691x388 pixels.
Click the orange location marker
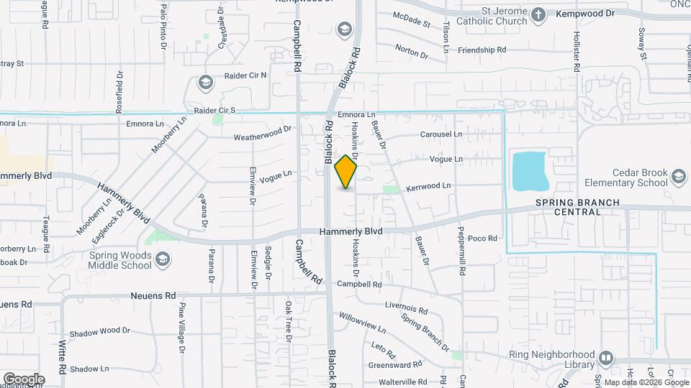346,172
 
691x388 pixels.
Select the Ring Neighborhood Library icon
605,357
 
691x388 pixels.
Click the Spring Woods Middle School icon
163,259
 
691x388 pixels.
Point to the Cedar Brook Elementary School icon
678,177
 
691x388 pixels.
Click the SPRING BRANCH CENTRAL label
577,208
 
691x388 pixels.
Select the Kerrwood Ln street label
428,185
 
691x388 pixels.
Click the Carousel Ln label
441,134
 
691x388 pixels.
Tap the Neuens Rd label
153,295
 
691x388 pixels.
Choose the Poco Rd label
483,238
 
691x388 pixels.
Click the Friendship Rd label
482,50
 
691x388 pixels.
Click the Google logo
24,379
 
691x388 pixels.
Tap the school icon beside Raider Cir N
205,83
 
